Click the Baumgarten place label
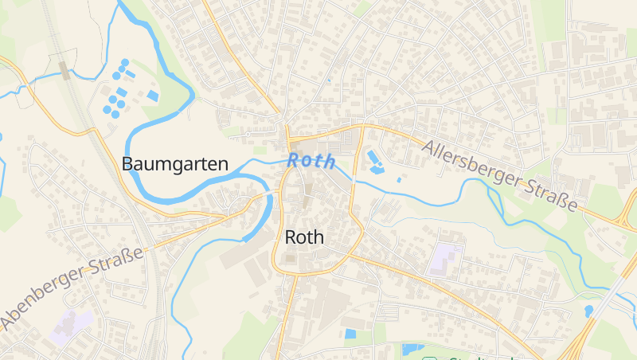[174, 164]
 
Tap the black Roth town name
[304, 237]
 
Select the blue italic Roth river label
[311, 160]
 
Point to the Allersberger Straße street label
[501, 176]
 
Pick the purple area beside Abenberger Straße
[71, 327]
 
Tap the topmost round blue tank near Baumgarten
[125, 62]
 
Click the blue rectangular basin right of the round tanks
[153, 96]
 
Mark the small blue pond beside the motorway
[588, 311]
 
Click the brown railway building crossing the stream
[64, 70]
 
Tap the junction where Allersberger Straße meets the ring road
[362, 126]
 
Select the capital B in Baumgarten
[127, 164]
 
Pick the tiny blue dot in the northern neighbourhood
[328, 80]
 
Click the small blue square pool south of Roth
[350, 334]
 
